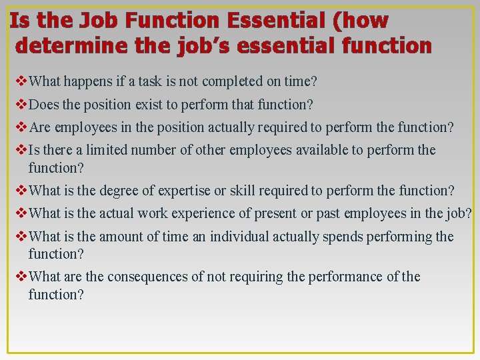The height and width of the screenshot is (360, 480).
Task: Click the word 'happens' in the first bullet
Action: [x=85, y=82]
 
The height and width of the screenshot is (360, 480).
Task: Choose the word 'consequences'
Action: [x=147, y=277]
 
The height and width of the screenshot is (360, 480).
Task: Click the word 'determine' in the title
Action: [x=61, y=46]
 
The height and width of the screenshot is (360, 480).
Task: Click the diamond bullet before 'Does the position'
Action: [x=20, y=105]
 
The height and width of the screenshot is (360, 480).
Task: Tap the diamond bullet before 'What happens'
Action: [x=20, y=82]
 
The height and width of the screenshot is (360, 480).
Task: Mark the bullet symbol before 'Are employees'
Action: [x=20, y=127]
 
